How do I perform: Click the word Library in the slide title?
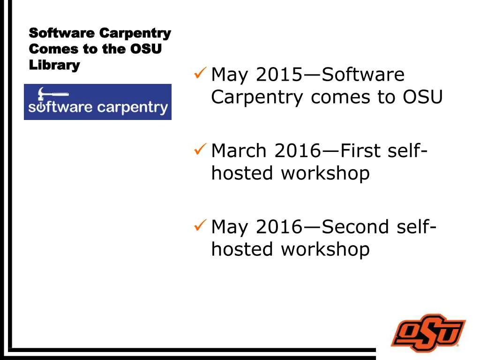point(54,65)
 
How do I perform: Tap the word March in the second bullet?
point(240,151)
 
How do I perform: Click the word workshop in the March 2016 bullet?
point(325,173)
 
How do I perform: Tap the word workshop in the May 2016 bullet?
point(325,249)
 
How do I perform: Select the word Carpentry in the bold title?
point(135,33)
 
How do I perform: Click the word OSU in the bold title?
point(145,49)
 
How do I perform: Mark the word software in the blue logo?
point(60,107)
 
